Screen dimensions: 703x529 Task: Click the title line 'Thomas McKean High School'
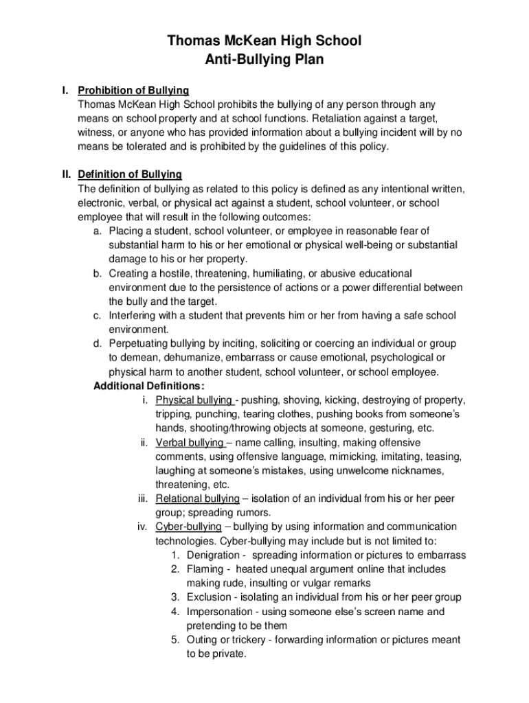click(264, 42)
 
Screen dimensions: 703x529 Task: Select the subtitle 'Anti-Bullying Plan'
click(264, 60)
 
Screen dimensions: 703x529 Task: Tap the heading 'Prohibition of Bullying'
click(133, 91)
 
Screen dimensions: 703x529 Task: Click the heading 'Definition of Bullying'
click(129, 174)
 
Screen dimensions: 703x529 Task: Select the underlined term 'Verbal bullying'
click(190, 442)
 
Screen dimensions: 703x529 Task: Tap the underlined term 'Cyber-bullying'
click(189, 527)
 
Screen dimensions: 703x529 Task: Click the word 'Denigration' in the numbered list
click(212, 555)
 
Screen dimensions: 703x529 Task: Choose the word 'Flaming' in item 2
click(205, 569)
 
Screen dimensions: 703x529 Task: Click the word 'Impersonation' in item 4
click(218, 611)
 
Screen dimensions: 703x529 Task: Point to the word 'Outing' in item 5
click(202, 640)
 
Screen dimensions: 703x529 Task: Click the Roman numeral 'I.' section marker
click(65, 91)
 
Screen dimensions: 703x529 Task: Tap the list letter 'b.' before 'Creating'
click(98, 273)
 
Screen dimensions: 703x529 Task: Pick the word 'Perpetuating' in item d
click(139, 343)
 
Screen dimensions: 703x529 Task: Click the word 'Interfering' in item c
click(134, 315)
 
